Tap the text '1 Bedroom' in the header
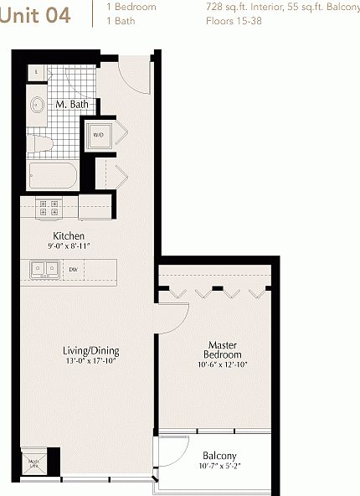(x=131, y=7)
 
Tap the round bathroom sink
(x=38, y=106)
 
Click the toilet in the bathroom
(x=39, y=144)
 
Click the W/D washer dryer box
(x=98, y=135)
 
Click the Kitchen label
(x=67, y=236)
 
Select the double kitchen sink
(x=44, y=269)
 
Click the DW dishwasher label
(x=74, y=269)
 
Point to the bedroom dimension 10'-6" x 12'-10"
(x=223, y=364)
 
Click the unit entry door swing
(x=134, y=75)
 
